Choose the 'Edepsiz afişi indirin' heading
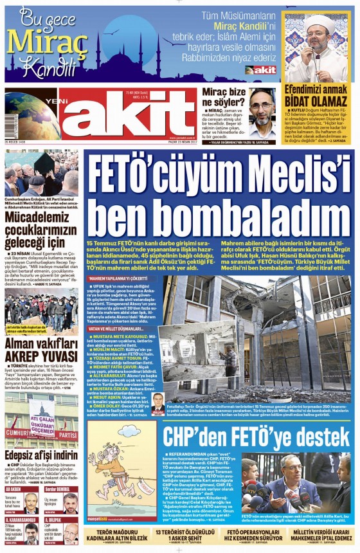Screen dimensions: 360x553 pyautogui.click(x=41, y=457)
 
